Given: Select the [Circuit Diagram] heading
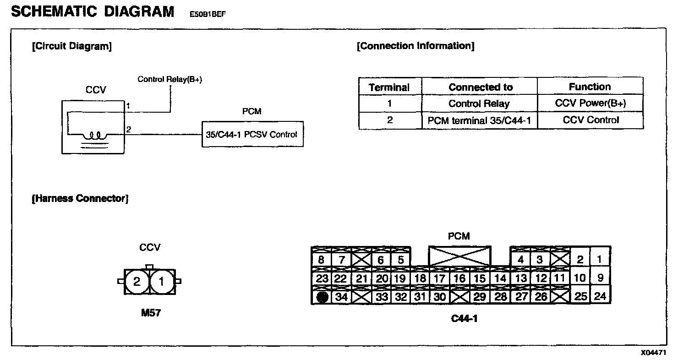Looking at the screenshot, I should click(71, 46).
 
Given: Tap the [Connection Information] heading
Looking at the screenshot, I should click(416, 46).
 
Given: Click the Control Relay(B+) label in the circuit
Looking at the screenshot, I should click(170, 80).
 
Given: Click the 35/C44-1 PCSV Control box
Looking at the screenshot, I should click(252, 134).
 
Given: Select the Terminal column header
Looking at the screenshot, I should click(389, 87).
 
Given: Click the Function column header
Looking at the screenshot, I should click(590, 87).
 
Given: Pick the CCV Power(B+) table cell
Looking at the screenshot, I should click(590, 104).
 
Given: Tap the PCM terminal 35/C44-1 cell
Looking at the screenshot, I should click(479, 120).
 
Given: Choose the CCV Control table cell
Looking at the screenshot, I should click(590, 120).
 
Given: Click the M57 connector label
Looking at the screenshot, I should click(151, 314).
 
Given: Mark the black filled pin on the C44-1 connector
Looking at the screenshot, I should click(322, 297).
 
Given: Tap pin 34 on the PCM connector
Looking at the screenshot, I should click(342, 297).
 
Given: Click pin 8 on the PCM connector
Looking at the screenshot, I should click(321, 260).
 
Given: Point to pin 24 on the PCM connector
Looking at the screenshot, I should click(600, 296).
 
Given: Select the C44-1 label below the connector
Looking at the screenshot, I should click(464, 318).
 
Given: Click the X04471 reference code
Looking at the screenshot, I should click(653, 353).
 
